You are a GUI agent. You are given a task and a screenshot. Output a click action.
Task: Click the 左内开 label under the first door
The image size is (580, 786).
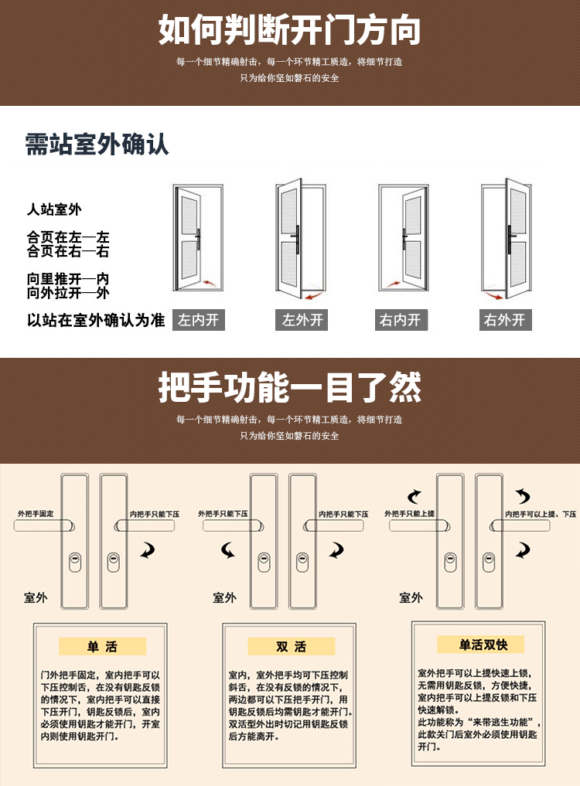[199, 320]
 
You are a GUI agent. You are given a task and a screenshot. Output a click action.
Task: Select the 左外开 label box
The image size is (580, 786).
[302, 320]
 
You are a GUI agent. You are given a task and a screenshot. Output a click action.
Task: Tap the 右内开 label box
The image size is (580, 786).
[401, 320]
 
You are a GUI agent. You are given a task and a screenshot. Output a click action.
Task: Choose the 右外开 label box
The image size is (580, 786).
[505, 320]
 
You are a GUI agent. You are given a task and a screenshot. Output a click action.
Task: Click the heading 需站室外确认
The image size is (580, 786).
[97, 145]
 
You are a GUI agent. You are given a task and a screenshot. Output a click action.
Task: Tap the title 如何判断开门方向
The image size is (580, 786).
[289, 30]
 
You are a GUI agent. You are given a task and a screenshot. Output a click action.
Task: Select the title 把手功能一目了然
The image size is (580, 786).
[289, 387]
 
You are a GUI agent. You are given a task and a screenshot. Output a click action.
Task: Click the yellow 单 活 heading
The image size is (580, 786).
[102, 647]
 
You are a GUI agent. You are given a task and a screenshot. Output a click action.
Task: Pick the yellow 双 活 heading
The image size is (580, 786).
[291, 647]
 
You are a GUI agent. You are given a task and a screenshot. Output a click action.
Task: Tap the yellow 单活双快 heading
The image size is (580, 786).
[481, 645]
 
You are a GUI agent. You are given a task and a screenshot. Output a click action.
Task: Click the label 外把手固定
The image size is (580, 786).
[36, 514]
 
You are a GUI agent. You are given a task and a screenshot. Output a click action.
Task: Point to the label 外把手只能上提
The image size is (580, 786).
[409, 514]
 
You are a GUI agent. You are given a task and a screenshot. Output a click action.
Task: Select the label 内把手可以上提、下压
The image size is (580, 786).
[541, 514]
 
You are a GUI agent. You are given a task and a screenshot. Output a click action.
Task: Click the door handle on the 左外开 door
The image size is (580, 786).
[296, 239]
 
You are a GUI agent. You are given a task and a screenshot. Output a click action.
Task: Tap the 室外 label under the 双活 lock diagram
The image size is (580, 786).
[225, 597]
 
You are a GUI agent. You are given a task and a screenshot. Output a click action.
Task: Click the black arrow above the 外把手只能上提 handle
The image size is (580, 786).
[415, 496]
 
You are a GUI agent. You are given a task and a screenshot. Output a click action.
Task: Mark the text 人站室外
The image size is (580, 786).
[54, 209]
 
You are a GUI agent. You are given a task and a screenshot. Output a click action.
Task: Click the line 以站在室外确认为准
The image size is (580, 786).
[96, 320]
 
